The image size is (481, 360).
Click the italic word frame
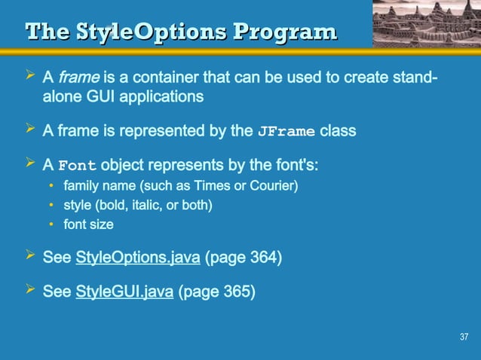(x=74, y=78)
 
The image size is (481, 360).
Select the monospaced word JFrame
(x=286, y=131)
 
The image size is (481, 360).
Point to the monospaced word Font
(x=78, y=166)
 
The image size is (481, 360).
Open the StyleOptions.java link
(x=138, y=258)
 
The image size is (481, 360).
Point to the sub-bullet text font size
(x=88, y=224)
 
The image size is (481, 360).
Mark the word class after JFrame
(x=338, y=131)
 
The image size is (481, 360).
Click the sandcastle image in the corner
(x=426, y=23)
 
